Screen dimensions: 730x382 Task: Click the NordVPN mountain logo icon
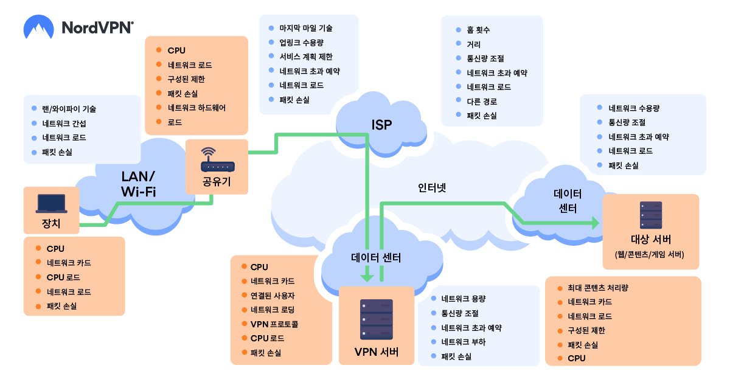pos(38,27)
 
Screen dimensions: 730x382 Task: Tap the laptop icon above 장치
pos(52,204)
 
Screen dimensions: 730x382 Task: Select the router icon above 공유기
pos(217,159)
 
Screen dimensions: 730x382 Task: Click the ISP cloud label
pos(381,125)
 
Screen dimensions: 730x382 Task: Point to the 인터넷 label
pos(432,188)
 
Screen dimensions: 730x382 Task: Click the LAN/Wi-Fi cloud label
pos(139,184)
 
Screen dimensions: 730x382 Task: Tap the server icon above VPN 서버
pos(377,319)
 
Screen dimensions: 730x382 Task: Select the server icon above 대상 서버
pos(651,215)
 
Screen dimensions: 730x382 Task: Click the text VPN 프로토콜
pos(274,324)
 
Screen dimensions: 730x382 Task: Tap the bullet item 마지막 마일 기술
pos(306,29)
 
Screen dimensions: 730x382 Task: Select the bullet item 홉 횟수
pos(478,30)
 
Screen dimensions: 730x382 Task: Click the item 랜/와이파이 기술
pos(69,109)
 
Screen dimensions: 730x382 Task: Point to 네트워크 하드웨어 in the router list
pos(196,108)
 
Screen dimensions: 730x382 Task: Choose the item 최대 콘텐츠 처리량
pos(597,288)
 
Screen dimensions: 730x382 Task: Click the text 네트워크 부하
pos(464,342)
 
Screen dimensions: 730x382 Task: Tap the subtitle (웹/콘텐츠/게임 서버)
pos(650,254)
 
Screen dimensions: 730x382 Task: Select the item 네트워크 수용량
pos(634,108)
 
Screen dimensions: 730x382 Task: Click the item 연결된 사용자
pos(273,296)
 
